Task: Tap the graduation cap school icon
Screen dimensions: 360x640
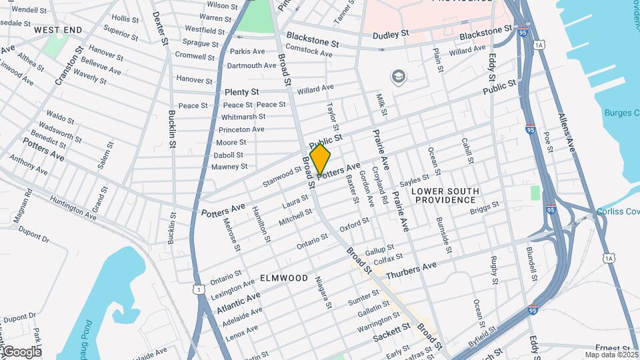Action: tap(399, 77)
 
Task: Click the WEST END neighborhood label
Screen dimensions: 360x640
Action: tap(58, 30)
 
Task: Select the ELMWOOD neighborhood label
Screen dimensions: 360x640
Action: tap(284, 277)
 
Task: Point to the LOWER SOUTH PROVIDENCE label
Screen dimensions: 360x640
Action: tap(445, 195)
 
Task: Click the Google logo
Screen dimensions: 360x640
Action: tap(22, 351)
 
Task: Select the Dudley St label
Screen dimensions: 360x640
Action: tap(390, 35)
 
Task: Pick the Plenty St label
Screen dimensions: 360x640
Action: tap(241, 91)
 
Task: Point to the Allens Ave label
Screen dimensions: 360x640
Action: tap(566, 133)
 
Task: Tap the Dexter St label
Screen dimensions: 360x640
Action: tap(160, 28)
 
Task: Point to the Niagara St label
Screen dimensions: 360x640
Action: tap(323, 293)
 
